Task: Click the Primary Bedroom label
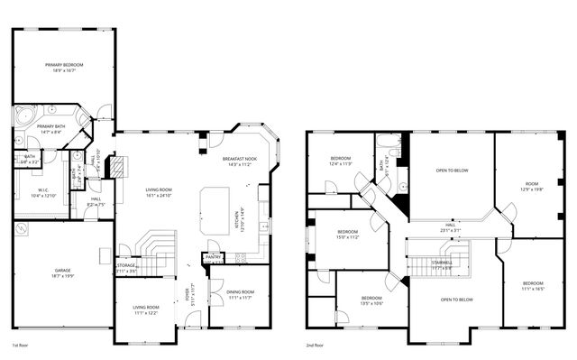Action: pyautogui.click(x=65, y=67)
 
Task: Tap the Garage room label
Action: pyautogui.click(x=62, y=271)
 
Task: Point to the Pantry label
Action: pyautogui.click(x=214, y=257)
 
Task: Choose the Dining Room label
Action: pyautogui.click(x=239, y=293)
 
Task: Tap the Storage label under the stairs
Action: pyautogui.click(x=126, y=268)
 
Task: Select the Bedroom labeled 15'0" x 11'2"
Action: pyautogui.click(x=347, y=235)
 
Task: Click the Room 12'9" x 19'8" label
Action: pyautogui.click(x=532, y=187)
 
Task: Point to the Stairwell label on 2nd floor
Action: pyautogui.click(x=442, y=265)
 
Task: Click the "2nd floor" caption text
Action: pyautogui.click(x=316, y=346)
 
